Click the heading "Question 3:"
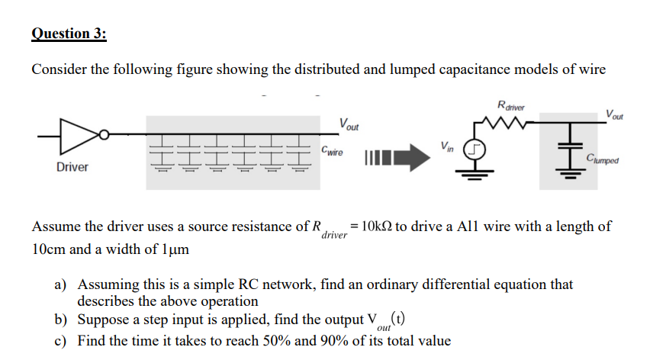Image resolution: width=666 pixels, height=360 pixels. (x=69, y=34)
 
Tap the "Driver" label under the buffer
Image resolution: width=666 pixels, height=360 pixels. (x=72, y=167)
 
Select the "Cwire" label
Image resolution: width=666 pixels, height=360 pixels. (x=333, y=151)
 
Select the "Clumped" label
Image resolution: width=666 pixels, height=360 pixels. (x=603, y=160)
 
